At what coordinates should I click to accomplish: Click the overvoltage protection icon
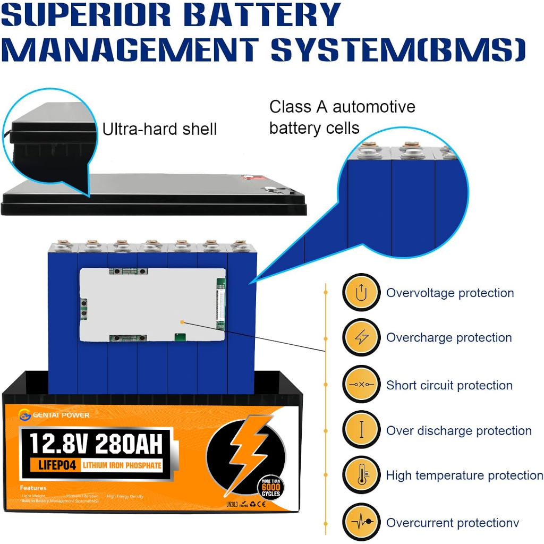[x=361, y=292]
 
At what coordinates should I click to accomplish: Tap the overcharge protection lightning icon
[x=361, y=337]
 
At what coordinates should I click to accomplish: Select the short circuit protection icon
[x=361, y=384]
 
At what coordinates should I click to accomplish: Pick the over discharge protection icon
[x=361, y=430]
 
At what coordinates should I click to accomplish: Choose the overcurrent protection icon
[x=361, y=523]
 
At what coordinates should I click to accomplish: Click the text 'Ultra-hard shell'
[x=159, y=129]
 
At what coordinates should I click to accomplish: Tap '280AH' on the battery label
[x=131, y=443]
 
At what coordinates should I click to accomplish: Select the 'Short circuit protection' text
[x=449, y=385]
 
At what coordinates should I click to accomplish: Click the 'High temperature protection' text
[x=464, y=475]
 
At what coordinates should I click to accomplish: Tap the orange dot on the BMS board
[x=182, y=321]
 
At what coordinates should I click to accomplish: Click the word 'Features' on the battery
[x=33, y=488]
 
